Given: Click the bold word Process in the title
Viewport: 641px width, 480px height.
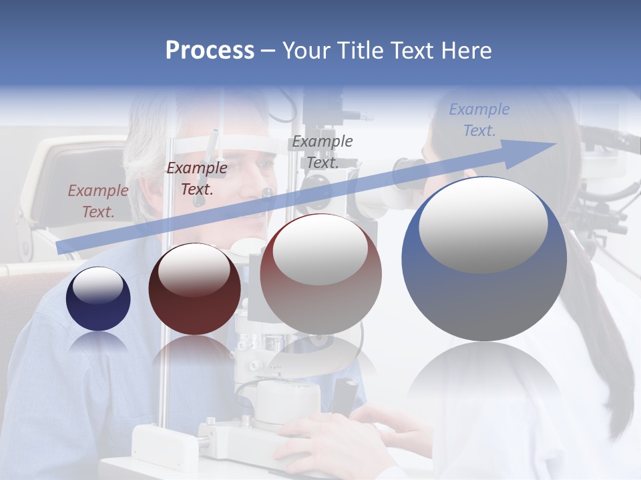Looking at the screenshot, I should pos(210,51).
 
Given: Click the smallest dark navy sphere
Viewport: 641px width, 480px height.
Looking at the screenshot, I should pos(98,299).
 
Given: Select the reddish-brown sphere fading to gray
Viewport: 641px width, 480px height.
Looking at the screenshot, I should pos(320,275).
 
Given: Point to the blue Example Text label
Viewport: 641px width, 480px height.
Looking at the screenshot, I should pos(479,120).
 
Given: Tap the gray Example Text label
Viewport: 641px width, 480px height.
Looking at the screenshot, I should pos(323,151).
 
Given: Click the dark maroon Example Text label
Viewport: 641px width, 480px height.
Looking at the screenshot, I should pos(196,178).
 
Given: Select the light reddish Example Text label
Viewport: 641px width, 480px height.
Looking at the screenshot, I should pos(97,201).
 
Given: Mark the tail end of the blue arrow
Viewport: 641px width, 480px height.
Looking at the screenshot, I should pos(60,248).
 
